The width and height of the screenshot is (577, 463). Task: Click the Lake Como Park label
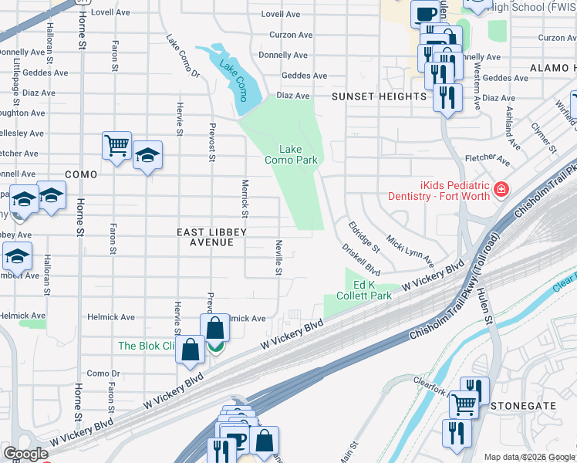291,154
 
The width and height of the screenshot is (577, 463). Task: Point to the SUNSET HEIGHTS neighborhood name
379,96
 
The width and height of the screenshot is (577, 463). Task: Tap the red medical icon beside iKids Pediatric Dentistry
501,188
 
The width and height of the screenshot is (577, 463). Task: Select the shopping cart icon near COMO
116,144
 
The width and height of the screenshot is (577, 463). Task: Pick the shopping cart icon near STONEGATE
463,402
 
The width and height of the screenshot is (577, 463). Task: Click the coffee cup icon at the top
425,12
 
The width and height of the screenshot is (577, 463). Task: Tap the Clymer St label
544,136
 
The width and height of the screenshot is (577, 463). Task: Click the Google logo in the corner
25,454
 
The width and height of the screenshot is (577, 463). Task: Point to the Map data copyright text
528,457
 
